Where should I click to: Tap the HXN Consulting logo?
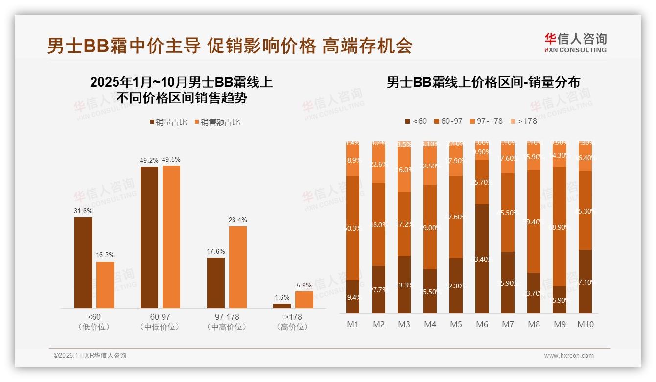575,43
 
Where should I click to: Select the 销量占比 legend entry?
168,122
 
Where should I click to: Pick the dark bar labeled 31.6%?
83,263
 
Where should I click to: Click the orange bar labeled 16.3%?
105,285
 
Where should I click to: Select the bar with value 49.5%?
171,237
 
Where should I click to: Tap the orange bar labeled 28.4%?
238,267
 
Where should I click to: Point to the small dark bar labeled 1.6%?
282,306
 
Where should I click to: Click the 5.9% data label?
304,285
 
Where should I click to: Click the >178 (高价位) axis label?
292,322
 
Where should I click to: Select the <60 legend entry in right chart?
416,121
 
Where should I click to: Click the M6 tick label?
483,324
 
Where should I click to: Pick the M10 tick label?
585,324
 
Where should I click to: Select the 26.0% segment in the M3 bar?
404,169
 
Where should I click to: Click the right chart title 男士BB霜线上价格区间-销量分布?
483,82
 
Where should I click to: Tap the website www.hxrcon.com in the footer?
569,356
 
